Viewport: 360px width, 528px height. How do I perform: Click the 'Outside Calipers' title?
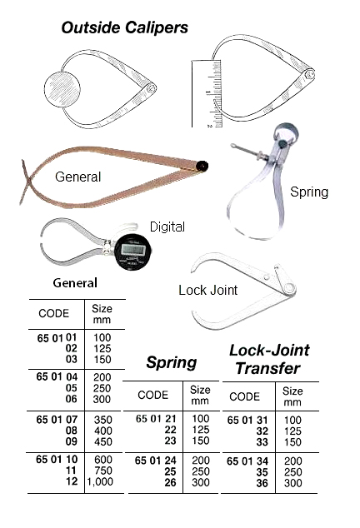pos(125,27)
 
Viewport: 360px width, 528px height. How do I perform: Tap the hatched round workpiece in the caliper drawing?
pos(62,90)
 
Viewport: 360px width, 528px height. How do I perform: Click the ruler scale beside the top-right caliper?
pos(207,93)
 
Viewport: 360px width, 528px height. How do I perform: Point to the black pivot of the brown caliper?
pos(202,166)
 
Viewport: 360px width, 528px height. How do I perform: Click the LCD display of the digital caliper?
pos(132,249)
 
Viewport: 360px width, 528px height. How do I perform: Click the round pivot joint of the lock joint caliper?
pos(288,288)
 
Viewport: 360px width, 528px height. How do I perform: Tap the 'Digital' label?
pos(167,227)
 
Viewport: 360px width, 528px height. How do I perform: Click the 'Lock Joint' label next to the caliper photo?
pos(208,290)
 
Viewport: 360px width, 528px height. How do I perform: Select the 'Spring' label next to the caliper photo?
pos(309,192)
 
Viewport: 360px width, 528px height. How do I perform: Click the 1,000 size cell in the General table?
pos(100,481)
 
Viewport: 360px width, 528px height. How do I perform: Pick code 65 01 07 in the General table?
pos(57,420)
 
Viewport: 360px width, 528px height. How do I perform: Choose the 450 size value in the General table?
pos(102,441)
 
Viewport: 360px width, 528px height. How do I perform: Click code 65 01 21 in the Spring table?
pos(156,419)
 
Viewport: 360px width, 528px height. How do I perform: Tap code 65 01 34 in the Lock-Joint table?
pos(247,461)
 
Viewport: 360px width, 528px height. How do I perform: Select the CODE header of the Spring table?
pos(152,395)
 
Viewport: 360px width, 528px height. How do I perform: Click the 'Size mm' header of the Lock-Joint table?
pos(292,396)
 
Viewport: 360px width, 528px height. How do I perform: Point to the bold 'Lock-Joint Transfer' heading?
pos(269,359)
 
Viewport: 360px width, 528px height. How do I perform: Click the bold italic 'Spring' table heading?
pos(171,362)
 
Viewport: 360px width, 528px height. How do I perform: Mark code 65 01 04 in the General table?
pos(57,376)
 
